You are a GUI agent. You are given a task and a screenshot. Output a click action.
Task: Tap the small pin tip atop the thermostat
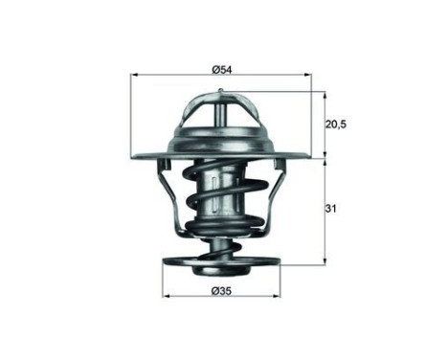(221, 93)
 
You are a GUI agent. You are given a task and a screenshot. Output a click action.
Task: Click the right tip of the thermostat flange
(310, 156)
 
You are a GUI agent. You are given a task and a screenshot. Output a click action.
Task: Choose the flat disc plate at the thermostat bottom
(222, 262)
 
